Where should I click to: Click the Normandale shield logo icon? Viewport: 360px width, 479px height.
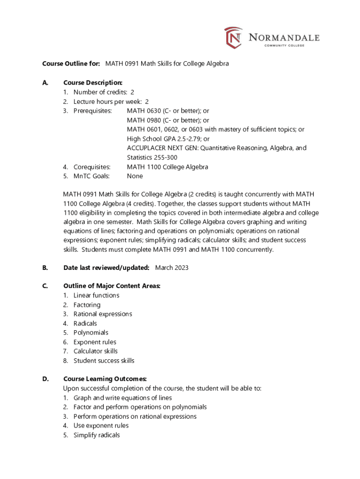point(233,37)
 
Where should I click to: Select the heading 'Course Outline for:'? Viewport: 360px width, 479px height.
point(71,63)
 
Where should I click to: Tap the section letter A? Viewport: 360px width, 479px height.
point(45,83)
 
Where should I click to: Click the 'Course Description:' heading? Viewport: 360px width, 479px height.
point(93,83)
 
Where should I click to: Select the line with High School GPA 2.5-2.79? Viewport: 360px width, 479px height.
point(168,139)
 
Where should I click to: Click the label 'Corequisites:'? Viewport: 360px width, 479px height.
point(92,167)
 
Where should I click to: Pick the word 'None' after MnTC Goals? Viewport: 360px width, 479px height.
point(135,176)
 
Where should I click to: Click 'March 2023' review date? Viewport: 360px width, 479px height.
point(172,268)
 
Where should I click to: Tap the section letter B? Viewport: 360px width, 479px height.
point(45,268)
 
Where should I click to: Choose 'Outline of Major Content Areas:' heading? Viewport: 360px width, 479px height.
point(112,286)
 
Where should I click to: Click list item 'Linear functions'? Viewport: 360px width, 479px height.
point(96,295)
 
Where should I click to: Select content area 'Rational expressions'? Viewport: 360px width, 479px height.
point(102,314)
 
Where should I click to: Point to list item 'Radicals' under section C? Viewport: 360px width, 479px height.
point(85,323)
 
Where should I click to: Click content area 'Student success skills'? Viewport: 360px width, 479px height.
point(104,361)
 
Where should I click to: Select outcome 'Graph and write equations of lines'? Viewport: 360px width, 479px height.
point(122,398)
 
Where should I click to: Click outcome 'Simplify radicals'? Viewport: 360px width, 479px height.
point(96,435)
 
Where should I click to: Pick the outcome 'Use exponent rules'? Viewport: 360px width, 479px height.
point(101,426)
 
